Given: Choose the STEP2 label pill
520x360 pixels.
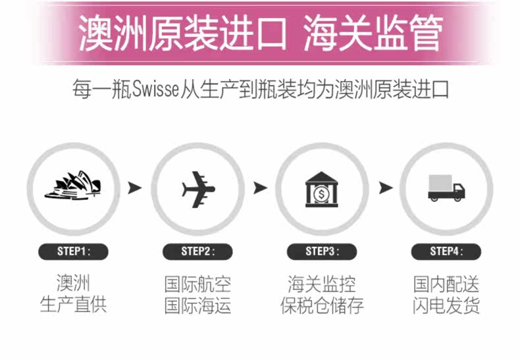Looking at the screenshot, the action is point(197,251).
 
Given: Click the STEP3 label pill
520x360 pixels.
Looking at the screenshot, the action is point(322,251).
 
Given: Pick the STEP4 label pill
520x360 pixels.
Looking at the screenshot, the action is point(446,251).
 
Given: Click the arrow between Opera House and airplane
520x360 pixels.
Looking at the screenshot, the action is point(135,188).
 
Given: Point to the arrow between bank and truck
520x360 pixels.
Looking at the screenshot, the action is point(385,188).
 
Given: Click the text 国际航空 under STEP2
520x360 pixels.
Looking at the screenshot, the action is point(197,284).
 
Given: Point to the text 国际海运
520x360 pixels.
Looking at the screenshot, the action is point(197,305).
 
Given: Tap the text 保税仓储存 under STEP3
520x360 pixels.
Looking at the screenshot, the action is point(322,305).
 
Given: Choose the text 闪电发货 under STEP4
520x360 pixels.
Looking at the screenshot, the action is point(446,305).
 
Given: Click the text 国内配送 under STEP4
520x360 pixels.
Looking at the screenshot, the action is point(446,284).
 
